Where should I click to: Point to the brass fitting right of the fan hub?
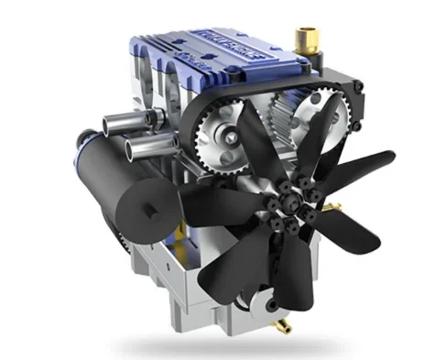coord(341,202)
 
